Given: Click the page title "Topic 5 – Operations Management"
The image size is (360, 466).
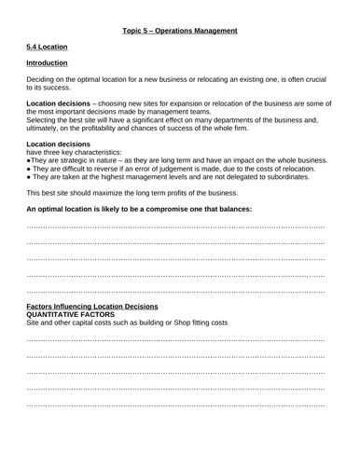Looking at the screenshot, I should click(x=180, y=31).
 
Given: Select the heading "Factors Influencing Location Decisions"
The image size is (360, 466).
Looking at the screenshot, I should click(x=92, y=307).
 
